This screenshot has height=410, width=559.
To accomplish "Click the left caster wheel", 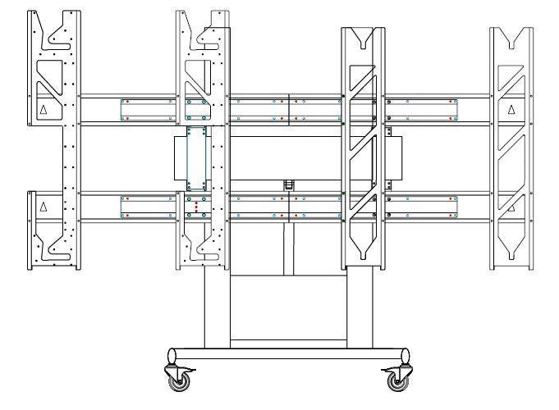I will point(180,380).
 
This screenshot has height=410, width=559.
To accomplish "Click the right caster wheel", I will point(400,380).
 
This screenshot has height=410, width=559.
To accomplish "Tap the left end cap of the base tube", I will point(172,356).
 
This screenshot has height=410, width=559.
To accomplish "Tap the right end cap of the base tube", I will point(406,356).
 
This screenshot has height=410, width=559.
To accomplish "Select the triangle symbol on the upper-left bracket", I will point(44,109).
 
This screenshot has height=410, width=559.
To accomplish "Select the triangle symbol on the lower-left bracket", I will point(44,205).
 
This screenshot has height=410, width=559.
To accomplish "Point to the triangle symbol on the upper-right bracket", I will point(511,109).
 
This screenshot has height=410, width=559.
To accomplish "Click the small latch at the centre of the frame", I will point(289,185).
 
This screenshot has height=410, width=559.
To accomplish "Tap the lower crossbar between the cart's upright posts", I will point(287,339).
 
